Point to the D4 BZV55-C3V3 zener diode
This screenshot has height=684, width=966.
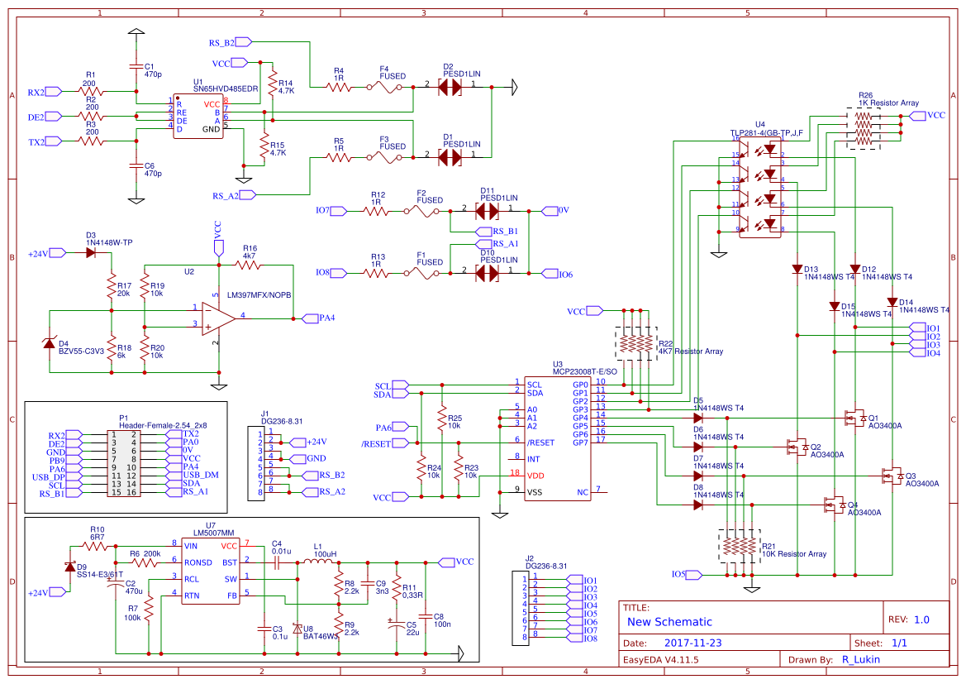pyautogui.click(x=50, y=343)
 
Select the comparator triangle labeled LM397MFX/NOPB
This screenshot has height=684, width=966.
pyautogui.click(x=217, y=318)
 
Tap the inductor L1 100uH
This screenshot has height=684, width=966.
pyautogui.click(x=318, y=562)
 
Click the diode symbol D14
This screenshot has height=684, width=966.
pyautogui.click(x=892, y=302)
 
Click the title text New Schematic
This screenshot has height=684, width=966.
pyautogui.click(x=669, y=622)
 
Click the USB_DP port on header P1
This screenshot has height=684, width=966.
pyautogui.click(x=74, y=476)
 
